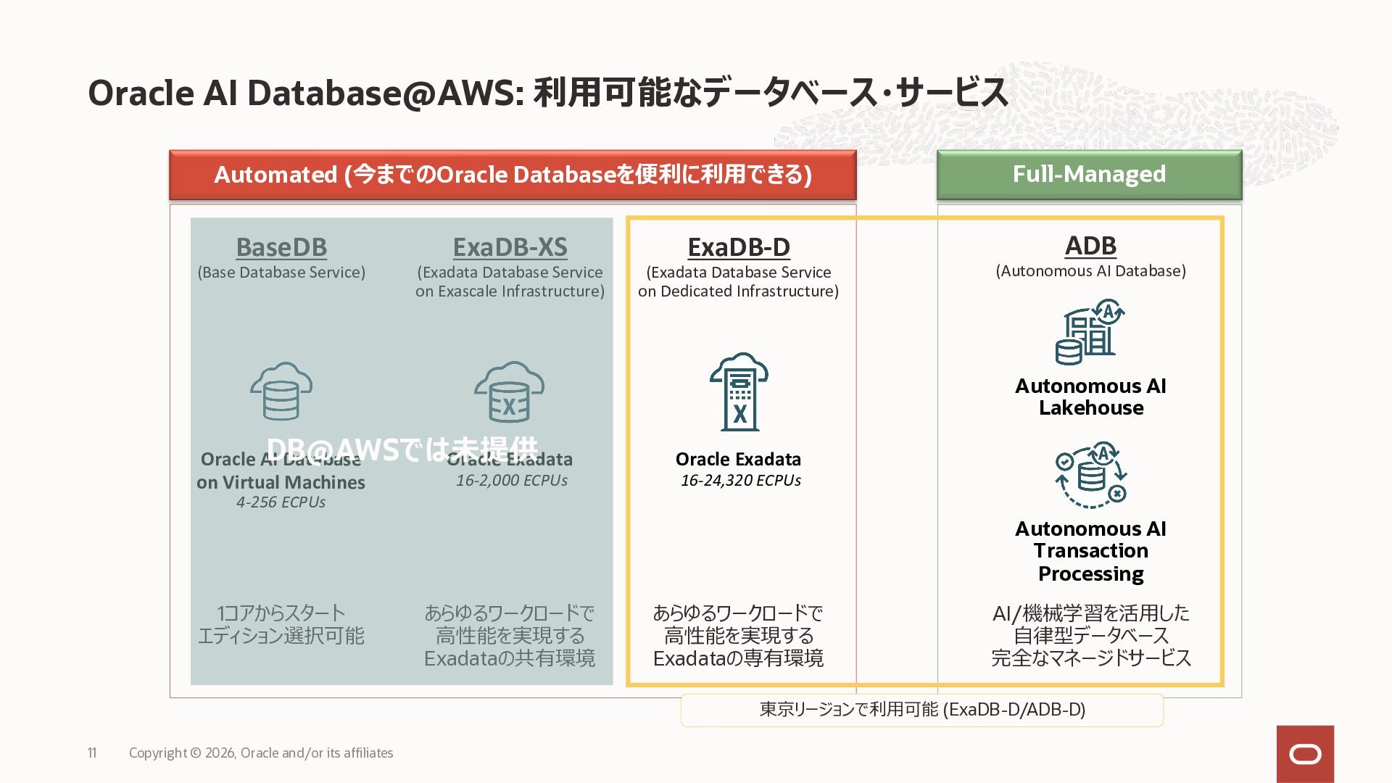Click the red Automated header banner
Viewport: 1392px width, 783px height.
click(x=513, y=175)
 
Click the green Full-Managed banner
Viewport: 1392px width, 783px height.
click(x=1089, y=175)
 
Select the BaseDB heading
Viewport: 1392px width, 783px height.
click(x=281, y=247)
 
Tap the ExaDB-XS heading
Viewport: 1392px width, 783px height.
click(x=510, y=247)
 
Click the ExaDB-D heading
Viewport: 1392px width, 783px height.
click(x=739, y=247)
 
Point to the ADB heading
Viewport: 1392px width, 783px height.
click(x=1090, y=246)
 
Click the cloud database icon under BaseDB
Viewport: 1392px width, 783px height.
click(x=281, y=391)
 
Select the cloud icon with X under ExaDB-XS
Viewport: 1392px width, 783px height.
click(x=510, y=391)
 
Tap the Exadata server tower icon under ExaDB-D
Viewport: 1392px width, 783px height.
click(x=739, y=392)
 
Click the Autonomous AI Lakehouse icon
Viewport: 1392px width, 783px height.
click(x=1090, y=331)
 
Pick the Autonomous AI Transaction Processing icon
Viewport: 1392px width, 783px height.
click(x=1090, y=475)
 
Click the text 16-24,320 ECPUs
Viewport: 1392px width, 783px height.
click(x=740, y=481)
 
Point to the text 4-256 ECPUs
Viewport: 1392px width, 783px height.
click(x=281, y=502)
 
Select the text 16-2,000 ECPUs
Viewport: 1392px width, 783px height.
click(x=512, y=481)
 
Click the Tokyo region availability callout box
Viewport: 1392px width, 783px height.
click(x=921, y=710)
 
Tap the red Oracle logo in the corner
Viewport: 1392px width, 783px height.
click(x=1305, y=754)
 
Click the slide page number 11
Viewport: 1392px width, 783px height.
click(x=92, y=753)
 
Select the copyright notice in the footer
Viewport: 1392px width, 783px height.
click(x=261, y=753)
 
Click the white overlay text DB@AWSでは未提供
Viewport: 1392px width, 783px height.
click(x=402, y=449)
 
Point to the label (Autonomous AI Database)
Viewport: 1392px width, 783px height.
click(x=1090, y=271)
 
